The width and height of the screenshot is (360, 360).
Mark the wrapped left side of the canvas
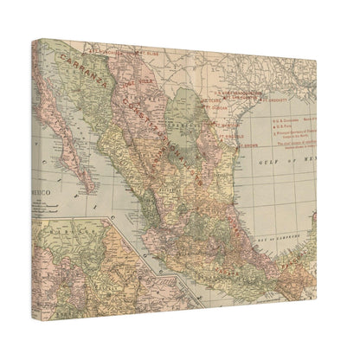click(x=37, y=173)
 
